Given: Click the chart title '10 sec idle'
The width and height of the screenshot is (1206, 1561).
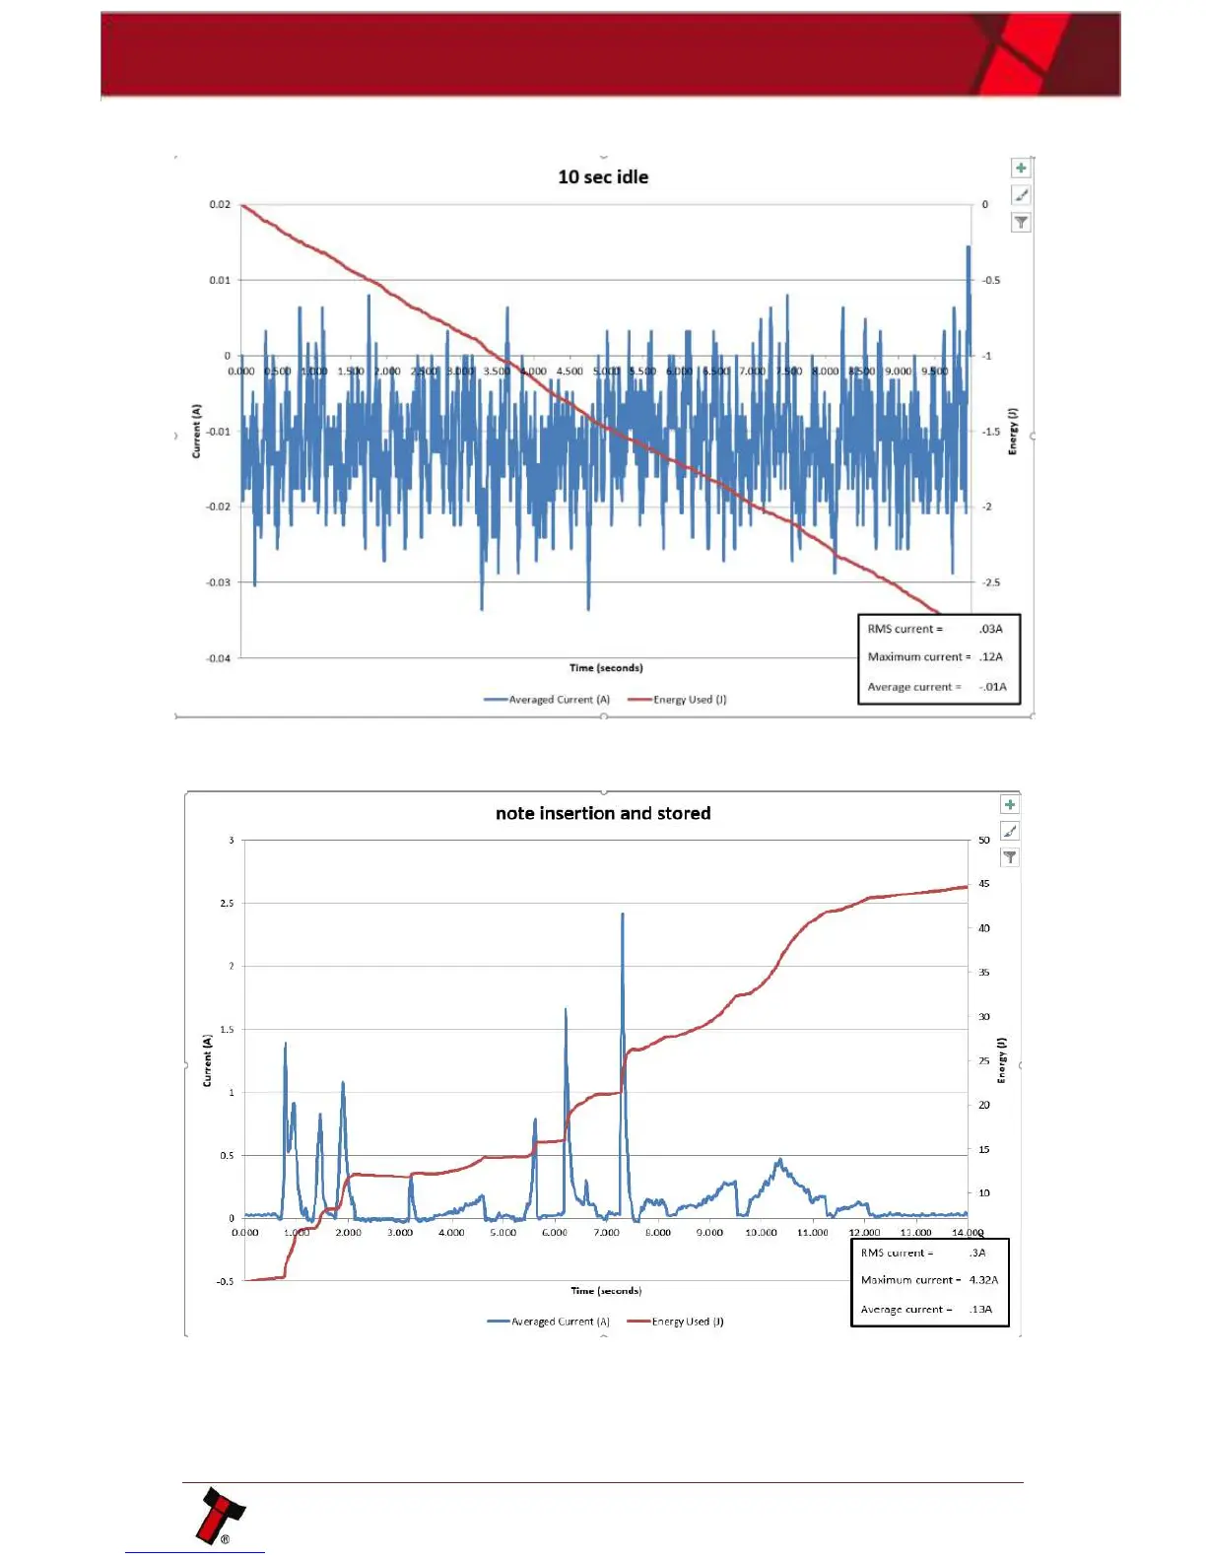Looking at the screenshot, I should point(603,177).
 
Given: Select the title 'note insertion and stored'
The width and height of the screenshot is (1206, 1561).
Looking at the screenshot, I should point(603,813).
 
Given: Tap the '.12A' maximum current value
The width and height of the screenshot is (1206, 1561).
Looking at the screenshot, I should point(991,656).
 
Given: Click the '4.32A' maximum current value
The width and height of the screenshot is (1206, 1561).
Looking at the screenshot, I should point(983,1280).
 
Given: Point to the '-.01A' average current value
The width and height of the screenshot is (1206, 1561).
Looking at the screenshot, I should point(992,687).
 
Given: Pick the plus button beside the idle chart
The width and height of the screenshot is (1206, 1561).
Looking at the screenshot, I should point(1021,169).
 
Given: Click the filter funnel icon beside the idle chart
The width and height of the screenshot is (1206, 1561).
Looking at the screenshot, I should point(1021,223).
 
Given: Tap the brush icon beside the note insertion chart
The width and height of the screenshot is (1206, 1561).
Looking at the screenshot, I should point(1010,832).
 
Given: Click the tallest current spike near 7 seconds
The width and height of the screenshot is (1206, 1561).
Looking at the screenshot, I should point(623,916).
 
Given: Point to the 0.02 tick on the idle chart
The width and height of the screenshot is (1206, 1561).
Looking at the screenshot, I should point(220,205).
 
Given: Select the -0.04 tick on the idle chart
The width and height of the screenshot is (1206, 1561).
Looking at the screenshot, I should point(218,658).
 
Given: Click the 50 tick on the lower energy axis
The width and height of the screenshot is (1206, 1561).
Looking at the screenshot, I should point(984,841).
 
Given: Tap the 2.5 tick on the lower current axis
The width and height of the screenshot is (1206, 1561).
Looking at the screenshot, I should point(228,904).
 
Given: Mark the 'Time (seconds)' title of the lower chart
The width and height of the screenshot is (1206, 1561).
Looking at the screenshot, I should point(606,1291).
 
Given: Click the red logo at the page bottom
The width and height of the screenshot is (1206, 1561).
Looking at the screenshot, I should point(219,1516).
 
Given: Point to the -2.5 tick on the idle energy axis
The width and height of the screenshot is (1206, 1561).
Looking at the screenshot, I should point(990,582).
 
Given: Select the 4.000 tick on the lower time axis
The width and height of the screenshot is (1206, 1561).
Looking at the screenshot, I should point(451,1233).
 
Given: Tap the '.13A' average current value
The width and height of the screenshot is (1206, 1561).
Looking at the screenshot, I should point(980,1310).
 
